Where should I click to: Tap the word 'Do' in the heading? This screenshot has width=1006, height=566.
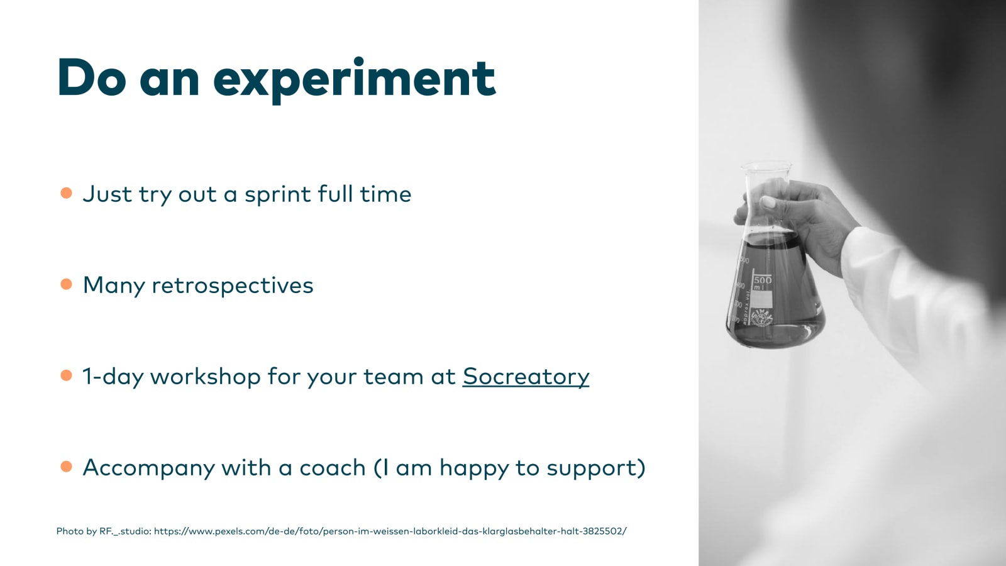pos(92,77)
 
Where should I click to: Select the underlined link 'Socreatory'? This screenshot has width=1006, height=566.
pos(526,377)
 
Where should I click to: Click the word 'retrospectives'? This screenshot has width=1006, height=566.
pos(233,286)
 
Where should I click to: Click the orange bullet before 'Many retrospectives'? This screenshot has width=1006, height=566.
pos(67,284)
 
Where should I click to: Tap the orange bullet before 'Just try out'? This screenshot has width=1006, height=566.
pos(67,193)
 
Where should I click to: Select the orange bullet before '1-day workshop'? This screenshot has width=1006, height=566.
pos(67,375)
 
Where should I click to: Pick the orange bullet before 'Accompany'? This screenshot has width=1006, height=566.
pos(67,467)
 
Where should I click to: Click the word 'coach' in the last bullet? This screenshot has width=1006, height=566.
pos(333,468)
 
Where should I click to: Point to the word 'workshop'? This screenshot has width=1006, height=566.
pos(205,376)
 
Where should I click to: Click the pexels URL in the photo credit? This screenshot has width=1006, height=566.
pos(390,531)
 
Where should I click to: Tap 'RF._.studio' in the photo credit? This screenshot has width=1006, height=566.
pos(125,531)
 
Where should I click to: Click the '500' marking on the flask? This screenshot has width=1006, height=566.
pos(763,280)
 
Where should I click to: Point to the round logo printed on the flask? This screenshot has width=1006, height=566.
pos(762,318)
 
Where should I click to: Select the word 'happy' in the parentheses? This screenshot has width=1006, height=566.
pos(473,469)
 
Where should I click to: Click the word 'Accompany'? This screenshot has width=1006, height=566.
pos(149,469)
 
